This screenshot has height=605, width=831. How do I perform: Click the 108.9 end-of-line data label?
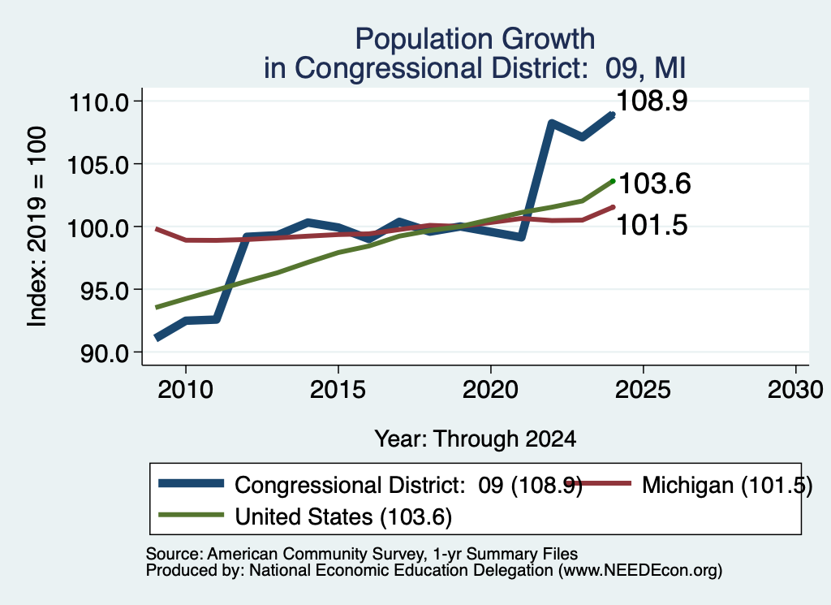[x=652, y=101]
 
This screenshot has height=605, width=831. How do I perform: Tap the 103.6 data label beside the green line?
[x=655, y=184]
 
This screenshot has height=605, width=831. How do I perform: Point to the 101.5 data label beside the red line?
[x=652, y=225]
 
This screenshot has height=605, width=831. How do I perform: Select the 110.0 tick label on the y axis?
[x=99, y=102]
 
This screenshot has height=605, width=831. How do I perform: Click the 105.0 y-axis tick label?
[x=99, y=165]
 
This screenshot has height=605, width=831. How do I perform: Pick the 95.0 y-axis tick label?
[x=105, y=291]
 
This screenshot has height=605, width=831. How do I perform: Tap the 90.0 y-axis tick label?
[x=105, y=353]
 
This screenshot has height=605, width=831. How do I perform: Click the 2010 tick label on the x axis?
[x=186, y=390]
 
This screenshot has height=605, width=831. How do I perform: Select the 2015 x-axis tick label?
[x=338, y=390]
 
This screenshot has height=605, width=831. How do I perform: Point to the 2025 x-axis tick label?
[x=643, y=390]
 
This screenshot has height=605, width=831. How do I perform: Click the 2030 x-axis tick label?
[x=795, y=390]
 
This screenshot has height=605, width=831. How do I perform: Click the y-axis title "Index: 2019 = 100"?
[x=37, y=227]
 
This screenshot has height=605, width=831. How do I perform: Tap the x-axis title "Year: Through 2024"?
[x=476, y=439]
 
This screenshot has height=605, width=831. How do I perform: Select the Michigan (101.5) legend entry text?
[x=727, y=485]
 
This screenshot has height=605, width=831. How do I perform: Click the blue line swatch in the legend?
[x=191, y=483]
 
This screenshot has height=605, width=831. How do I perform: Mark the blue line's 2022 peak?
[x=551, y=123]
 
